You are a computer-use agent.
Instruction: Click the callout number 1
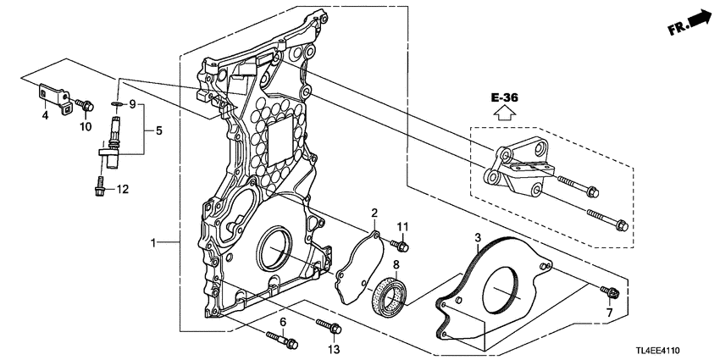point(155,241)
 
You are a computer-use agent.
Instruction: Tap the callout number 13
point(334,350)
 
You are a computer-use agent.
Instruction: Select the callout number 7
point(609,313)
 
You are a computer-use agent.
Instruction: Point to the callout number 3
point(478,237)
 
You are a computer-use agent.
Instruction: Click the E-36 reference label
point(505,97)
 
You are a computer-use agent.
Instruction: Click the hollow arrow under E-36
point(504,112)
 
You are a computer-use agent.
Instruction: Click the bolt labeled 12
point(99,186)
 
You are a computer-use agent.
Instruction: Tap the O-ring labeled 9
point(117,105)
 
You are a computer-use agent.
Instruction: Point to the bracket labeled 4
point(55,97)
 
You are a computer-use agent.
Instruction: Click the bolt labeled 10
point(85,105)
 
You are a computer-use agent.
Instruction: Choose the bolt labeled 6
point(282,341)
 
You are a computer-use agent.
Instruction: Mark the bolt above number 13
point(329,326)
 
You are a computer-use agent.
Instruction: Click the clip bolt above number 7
point(611,291)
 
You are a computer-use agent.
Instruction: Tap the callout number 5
point(159,130)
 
